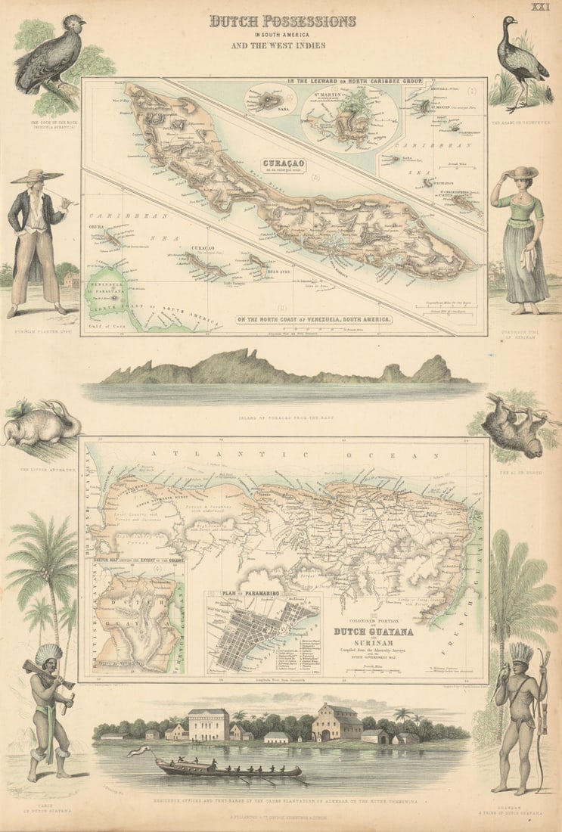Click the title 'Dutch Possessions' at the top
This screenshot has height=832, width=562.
coord(282,21)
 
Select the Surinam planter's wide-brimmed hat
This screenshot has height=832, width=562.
coord(37,176)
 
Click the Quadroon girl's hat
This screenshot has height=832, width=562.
coord(523,173)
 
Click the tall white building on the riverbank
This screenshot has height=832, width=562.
coord(209,724)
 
